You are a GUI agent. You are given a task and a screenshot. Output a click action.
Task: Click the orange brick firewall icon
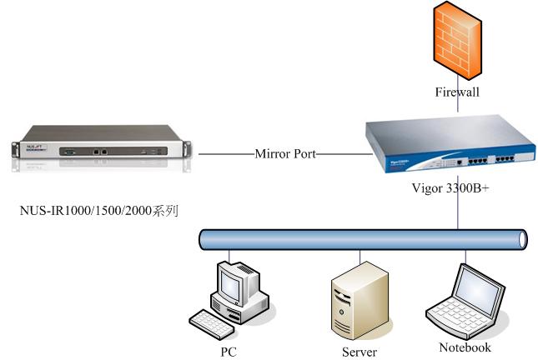coord(456,41)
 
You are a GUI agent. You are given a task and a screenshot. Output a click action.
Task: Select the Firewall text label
coord(456,92)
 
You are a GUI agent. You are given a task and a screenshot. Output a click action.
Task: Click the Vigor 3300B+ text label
coord(450,189)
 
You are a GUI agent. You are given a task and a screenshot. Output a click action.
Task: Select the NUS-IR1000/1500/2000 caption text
coord(99,210)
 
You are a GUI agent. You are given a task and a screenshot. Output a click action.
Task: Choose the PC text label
coord(229,352)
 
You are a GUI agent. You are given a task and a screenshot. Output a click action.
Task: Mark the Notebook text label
coord(465,347)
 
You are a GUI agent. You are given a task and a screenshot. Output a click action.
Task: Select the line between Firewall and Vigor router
coord(456,108)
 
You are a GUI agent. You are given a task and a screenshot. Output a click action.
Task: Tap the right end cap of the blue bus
coord(522,240)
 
